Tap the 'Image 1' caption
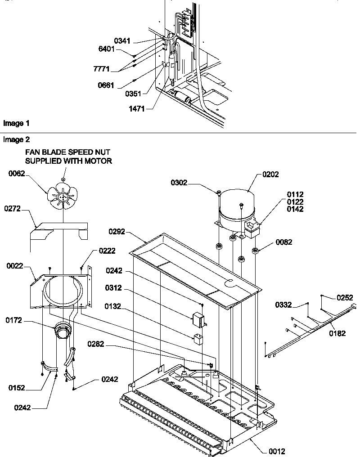pos(17,123)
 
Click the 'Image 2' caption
pos(17,139)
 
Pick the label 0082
pos(283,242)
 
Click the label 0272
pos(13,209)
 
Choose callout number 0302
pos(180,183)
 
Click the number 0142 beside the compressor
pos(295,209)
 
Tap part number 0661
pos(106,85)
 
